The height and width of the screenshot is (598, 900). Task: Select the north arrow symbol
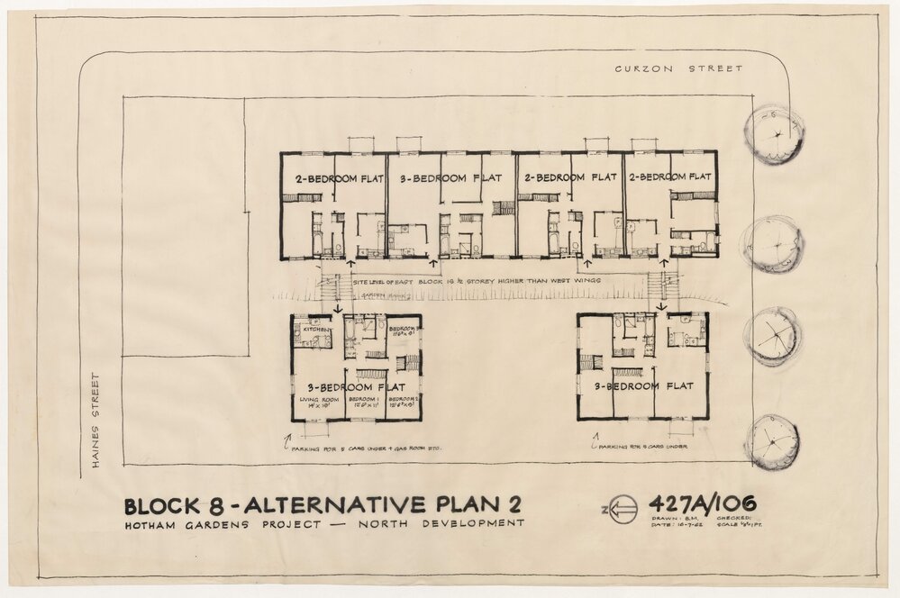(x=622, y=510)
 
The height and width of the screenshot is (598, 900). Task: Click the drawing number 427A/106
(x=702, y=503)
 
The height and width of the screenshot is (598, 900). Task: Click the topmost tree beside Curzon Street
(x=775, y=134)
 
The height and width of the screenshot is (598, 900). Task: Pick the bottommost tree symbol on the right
(x=772, y=441)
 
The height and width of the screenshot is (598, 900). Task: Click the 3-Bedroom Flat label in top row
(x=450, y=177)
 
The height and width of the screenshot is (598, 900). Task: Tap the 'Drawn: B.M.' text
(x=668, y=519)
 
